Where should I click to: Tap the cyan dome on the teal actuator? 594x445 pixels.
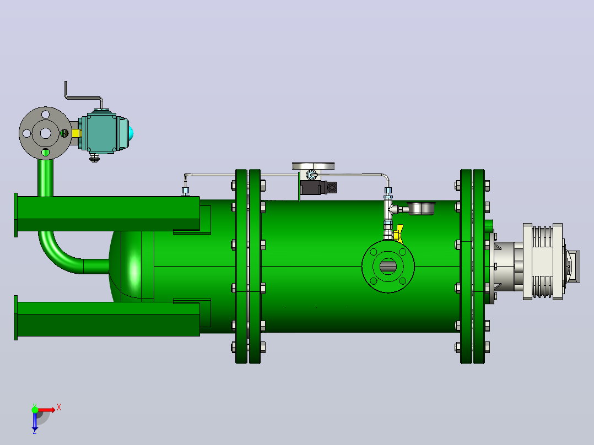tap(131, 133)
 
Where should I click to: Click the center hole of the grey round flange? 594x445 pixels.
tap(45, 133)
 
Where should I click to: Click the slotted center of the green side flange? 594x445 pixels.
tap(388, 266)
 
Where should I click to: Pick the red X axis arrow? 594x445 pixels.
tap(47, 410)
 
